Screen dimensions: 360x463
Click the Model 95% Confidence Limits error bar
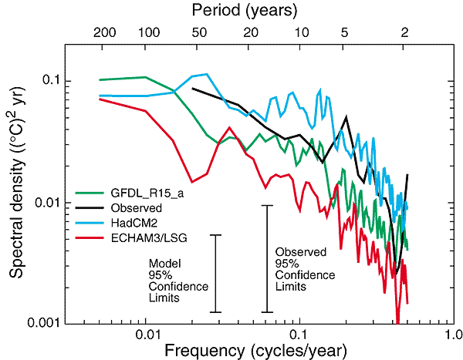[x=216, y=274]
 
